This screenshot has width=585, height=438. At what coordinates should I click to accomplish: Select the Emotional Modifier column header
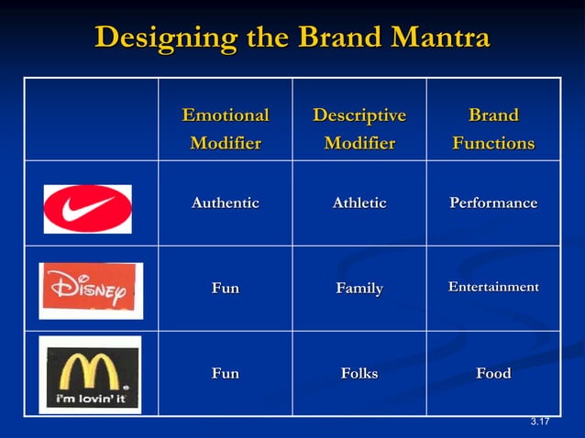(x=226, y=129)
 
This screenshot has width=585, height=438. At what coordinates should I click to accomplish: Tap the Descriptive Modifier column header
(x=359, y=129)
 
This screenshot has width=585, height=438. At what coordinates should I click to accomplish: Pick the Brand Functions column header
(x=493, y=129)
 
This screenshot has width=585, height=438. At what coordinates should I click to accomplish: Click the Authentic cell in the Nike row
(x=226, y=203)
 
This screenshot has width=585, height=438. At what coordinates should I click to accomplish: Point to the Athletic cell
(x=359, y=203)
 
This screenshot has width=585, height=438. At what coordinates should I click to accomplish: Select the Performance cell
(x=493, y=203)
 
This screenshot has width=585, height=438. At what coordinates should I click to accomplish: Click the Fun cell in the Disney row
(x=226, y=288)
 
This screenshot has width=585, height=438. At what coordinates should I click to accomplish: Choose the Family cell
(x=359, y=289)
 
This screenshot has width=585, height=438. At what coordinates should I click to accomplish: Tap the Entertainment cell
(x=493, y=288)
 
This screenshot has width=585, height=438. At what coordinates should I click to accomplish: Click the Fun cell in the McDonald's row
(x=226, y=373)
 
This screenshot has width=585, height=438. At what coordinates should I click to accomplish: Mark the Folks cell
(x=359, y=373)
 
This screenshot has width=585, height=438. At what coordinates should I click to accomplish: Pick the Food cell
(x=493, y=373)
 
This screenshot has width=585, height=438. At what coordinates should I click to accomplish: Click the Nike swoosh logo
(x=87, y=209)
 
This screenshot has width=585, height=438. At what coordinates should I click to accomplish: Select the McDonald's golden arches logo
(x=89, y=367)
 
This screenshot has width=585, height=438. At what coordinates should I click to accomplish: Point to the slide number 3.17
(x=539, y=422)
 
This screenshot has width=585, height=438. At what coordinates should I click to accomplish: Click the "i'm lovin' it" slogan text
(x=88, y=400)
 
